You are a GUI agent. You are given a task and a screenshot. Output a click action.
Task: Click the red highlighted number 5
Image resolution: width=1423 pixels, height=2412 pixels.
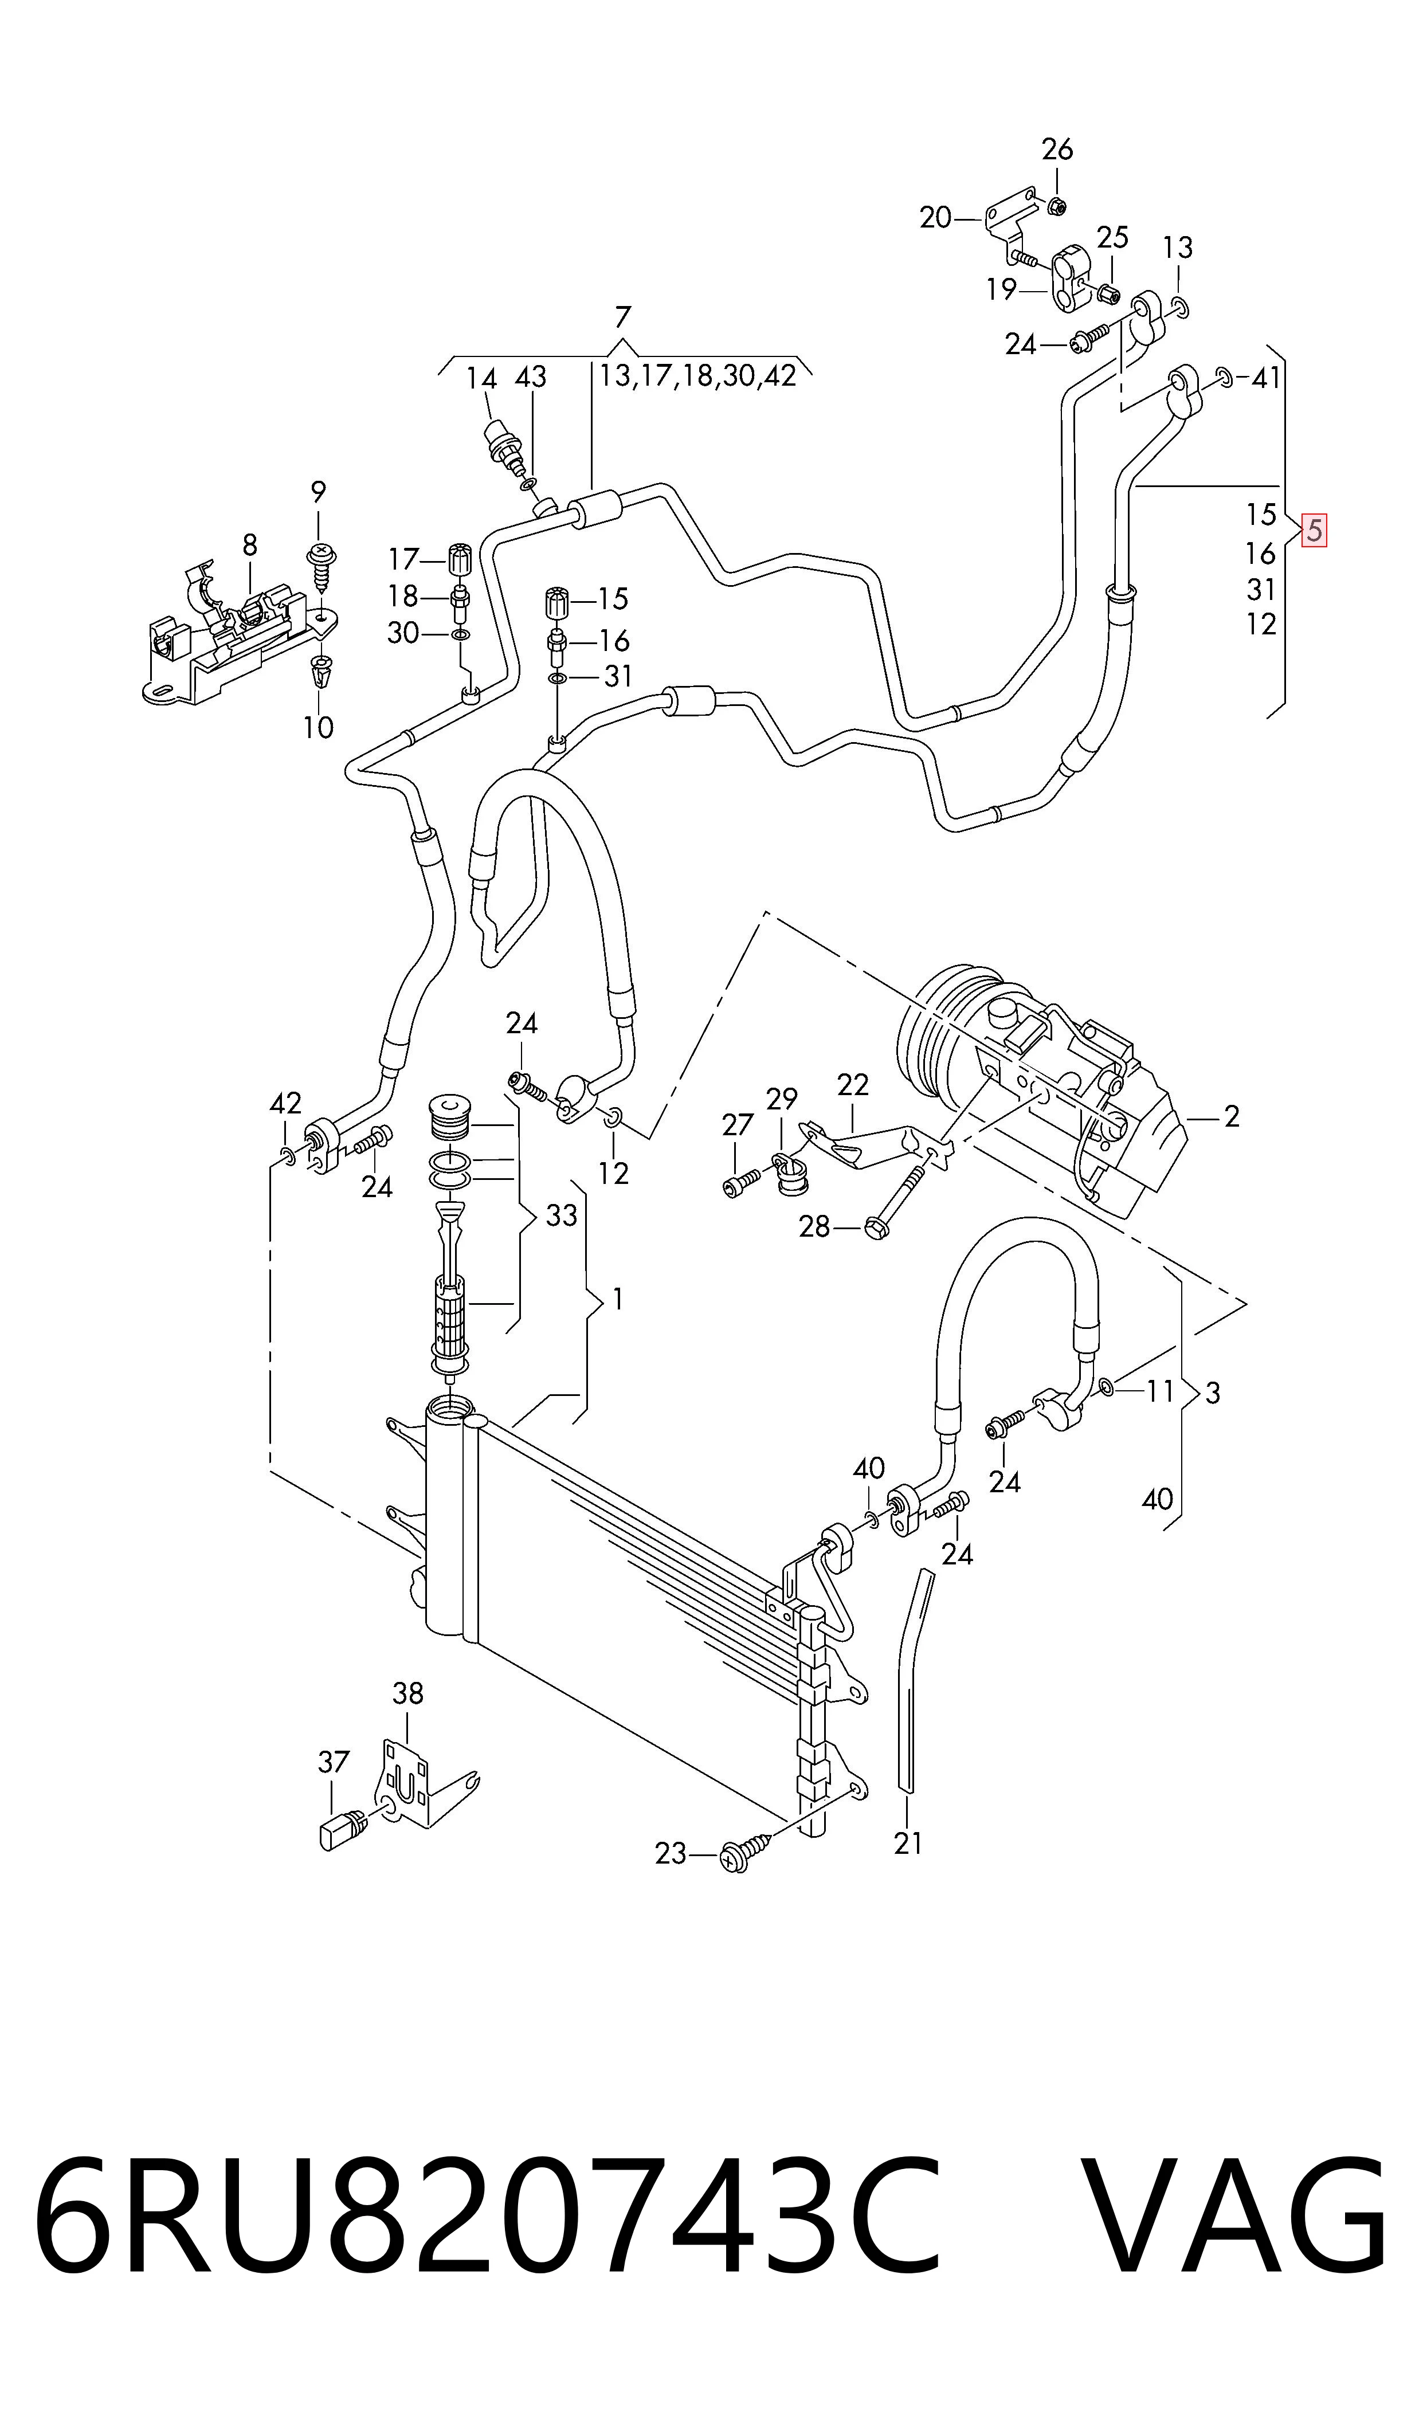pos(1314,530)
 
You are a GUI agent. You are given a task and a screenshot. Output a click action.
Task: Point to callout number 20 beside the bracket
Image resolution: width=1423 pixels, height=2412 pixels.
pos(936,218)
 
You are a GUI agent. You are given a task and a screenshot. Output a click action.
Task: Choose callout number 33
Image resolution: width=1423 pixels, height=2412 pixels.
pos(562,1215)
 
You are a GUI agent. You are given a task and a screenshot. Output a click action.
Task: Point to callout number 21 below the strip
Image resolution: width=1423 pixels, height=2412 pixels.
pos(908,1842)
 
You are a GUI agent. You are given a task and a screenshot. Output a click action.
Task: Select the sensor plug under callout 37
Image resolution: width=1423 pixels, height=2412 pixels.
pos(340,1834)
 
